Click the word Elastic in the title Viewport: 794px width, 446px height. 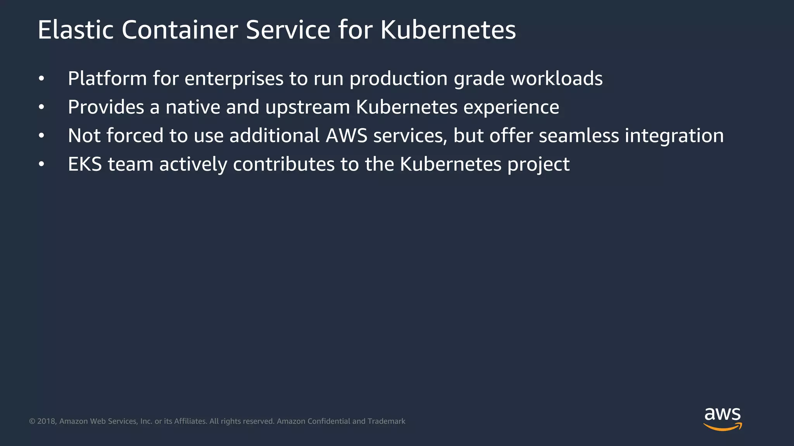click(x=76, y=30)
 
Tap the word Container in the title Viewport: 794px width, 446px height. click(x=180, y=30)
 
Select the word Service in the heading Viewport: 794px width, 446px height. click(x=288, y=30)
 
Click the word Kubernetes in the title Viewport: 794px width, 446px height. click(x=448, y=30)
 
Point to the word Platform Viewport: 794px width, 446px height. click(x=107, y=79)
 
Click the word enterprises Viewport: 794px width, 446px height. click(x=234, y=79)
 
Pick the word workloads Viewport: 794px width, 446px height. click(x=556, y=79)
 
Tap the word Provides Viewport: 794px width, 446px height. click(x=106, y=107)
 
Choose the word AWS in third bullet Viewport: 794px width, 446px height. click(x=346, y=136)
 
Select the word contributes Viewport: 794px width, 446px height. click(x=283, y=165)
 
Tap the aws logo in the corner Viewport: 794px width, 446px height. click(x=722, y=419)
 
